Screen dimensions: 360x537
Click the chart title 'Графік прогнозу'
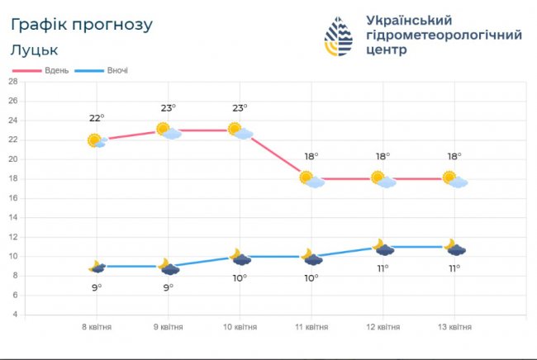tap(82, 24)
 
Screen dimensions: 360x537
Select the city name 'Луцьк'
tap(35, 50)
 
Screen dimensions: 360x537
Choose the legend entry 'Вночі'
tap(116, 71)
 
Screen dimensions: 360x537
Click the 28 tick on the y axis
tap(12, 81)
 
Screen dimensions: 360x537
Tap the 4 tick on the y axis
tap(14, 315)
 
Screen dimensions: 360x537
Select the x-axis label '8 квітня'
tap(97, 328)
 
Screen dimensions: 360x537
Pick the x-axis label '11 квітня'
tap(311, 328)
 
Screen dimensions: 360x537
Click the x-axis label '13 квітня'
tap(454, 328)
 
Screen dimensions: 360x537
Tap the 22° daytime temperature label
tap(97, 118)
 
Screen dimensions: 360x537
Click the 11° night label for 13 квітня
tap(454, 269)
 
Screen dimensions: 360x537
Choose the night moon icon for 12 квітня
tap(383, 247)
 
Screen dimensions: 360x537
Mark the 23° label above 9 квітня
tap(169, 108)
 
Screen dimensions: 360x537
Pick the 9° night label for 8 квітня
tap(97, 287)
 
